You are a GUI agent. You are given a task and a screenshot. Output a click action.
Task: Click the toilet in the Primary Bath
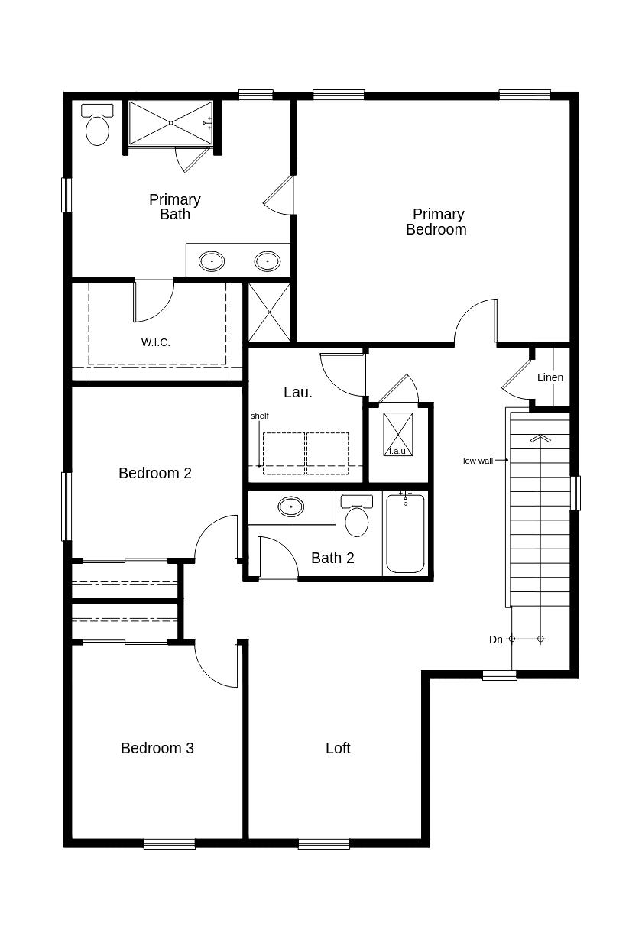coord(97,125)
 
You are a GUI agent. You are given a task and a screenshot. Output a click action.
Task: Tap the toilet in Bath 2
coord(356,516)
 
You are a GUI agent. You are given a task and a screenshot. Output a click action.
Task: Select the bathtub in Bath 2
coord(405,533)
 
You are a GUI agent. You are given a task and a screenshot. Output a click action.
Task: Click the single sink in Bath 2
coord(290,507)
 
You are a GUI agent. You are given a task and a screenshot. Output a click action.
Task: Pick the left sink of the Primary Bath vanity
coord(212,261)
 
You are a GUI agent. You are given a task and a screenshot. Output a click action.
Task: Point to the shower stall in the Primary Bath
coord(170,123)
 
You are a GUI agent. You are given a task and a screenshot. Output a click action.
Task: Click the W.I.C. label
coord(156,342)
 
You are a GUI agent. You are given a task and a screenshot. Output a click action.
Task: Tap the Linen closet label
coord(550,377)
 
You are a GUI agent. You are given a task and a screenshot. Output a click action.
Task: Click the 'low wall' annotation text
coord(478,461)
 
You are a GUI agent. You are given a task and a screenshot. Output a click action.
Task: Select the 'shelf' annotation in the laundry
coord(260,416)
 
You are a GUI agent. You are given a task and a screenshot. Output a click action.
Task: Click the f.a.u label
coord(397,451)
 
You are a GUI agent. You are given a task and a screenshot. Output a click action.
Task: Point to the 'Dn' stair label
coord(496,639)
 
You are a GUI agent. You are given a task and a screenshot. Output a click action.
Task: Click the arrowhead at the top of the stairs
coord(540,439)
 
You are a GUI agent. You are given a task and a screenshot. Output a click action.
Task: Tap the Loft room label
coord(338,748)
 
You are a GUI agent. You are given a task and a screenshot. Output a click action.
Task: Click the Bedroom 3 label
coord(157,748)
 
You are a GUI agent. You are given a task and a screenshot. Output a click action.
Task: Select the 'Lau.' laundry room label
coord(298,393)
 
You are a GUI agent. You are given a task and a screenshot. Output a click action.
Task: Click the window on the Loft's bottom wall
coord(324,843)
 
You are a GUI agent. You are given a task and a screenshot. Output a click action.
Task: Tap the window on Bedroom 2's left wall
coord(66,507)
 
